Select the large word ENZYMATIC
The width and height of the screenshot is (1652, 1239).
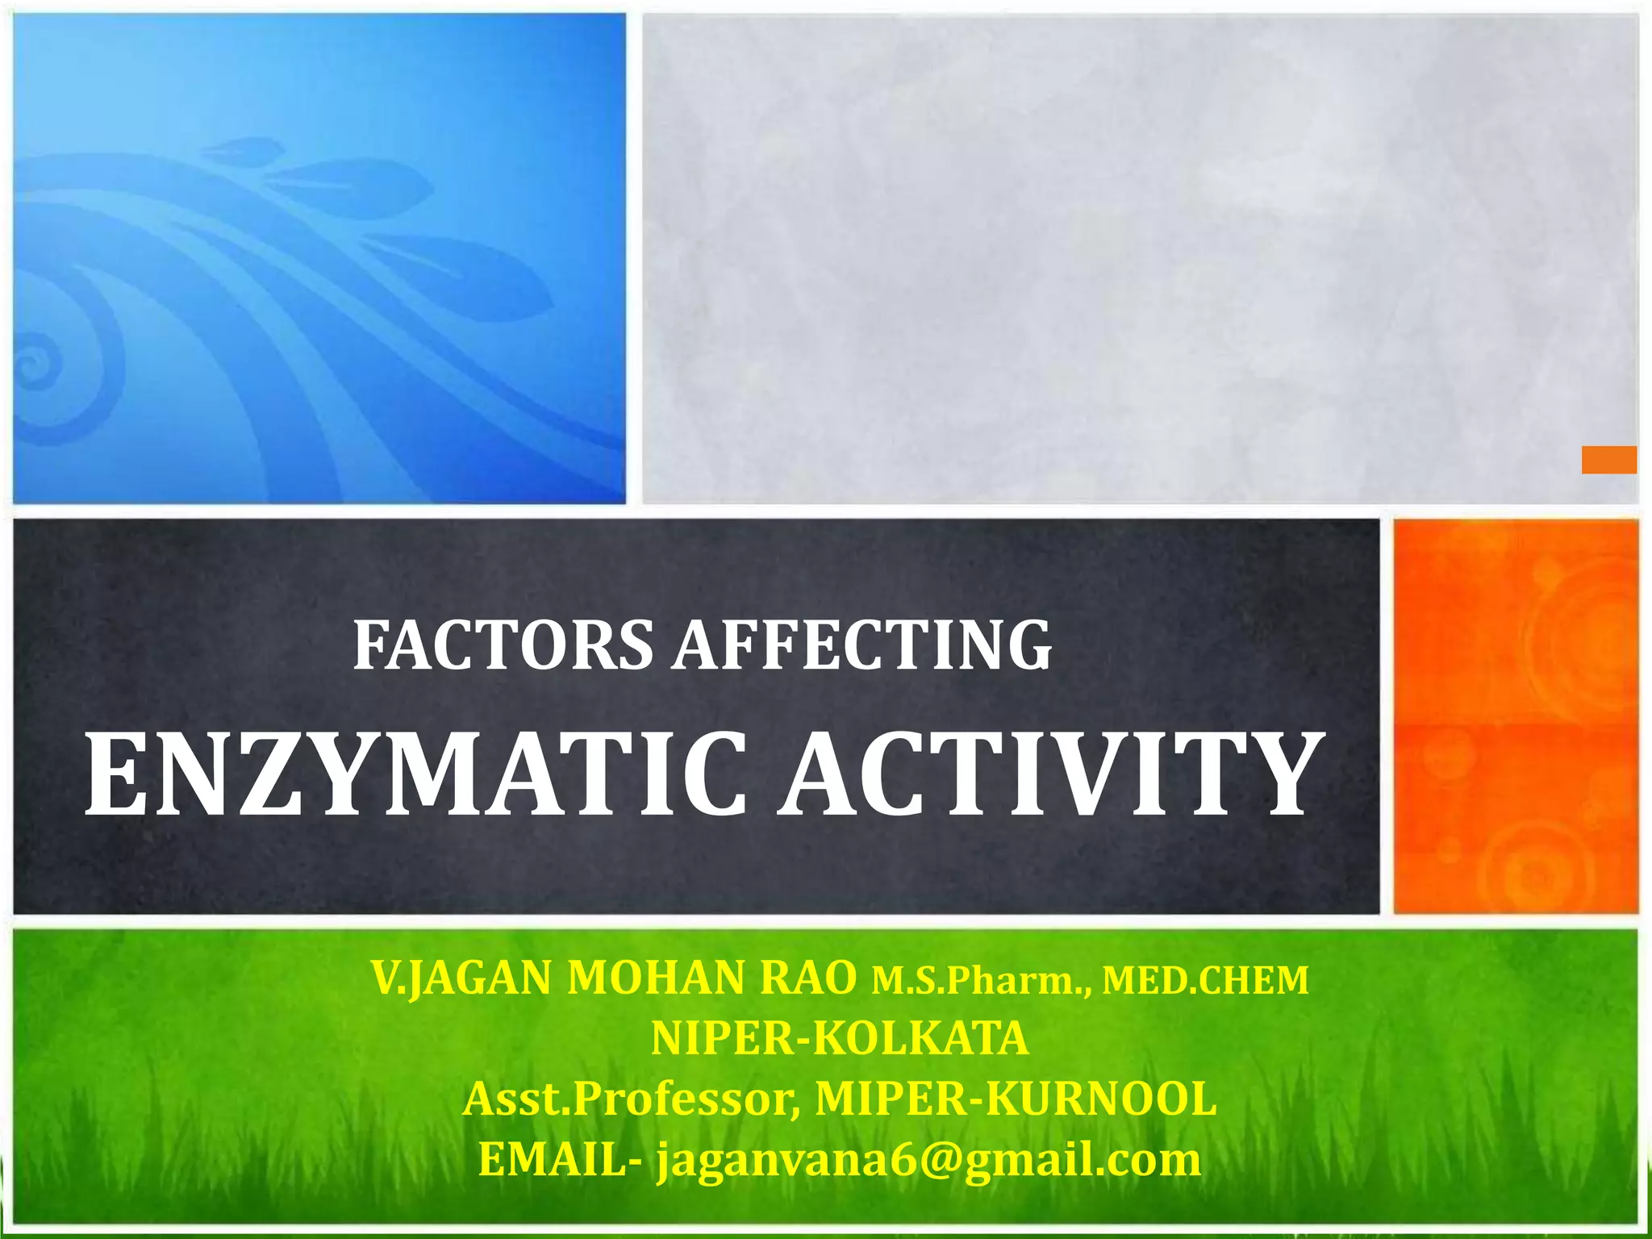click(x=415, y=774)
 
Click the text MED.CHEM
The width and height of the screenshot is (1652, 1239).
click(x=1205, y=981)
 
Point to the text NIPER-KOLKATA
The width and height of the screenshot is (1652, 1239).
click(x=840, y=1039)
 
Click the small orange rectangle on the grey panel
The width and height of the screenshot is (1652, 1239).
click(x=1608, y=460)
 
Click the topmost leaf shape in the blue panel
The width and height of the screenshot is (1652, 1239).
click(x=238, y=148)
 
